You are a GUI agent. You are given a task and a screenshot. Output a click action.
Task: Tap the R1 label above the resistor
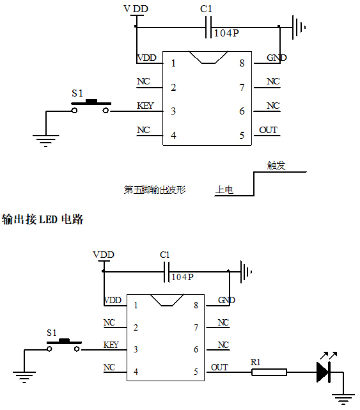[256, 362]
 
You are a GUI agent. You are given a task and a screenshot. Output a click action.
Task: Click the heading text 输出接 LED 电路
[43, 219]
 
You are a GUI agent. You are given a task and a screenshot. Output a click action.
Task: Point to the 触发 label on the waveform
[276, 166]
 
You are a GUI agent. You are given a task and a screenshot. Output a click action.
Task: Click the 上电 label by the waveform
[224, 190]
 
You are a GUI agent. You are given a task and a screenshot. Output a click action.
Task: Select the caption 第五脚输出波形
[154, 190]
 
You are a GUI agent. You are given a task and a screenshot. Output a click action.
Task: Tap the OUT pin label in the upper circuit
[269, 130]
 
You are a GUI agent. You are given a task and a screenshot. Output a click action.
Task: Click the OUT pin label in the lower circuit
[219, 367]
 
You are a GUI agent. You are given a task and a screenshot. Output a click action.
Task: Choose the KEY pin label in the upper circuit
[145, 106]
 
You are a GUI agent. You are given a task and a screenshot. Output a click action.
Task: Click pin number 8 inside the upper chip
[242, 63]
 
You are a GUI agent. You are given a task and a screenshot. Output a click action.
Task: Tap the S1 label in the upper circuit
[77, 93]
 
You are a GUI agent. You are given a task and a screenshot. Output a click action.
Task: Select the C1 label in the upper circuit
[206, 9]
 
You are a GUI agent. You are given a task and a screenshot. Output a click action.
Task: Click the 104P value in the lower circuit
[182, 278]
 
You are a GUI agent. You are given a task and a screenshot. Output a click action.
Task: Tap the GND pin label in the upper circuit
[277, 58]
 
